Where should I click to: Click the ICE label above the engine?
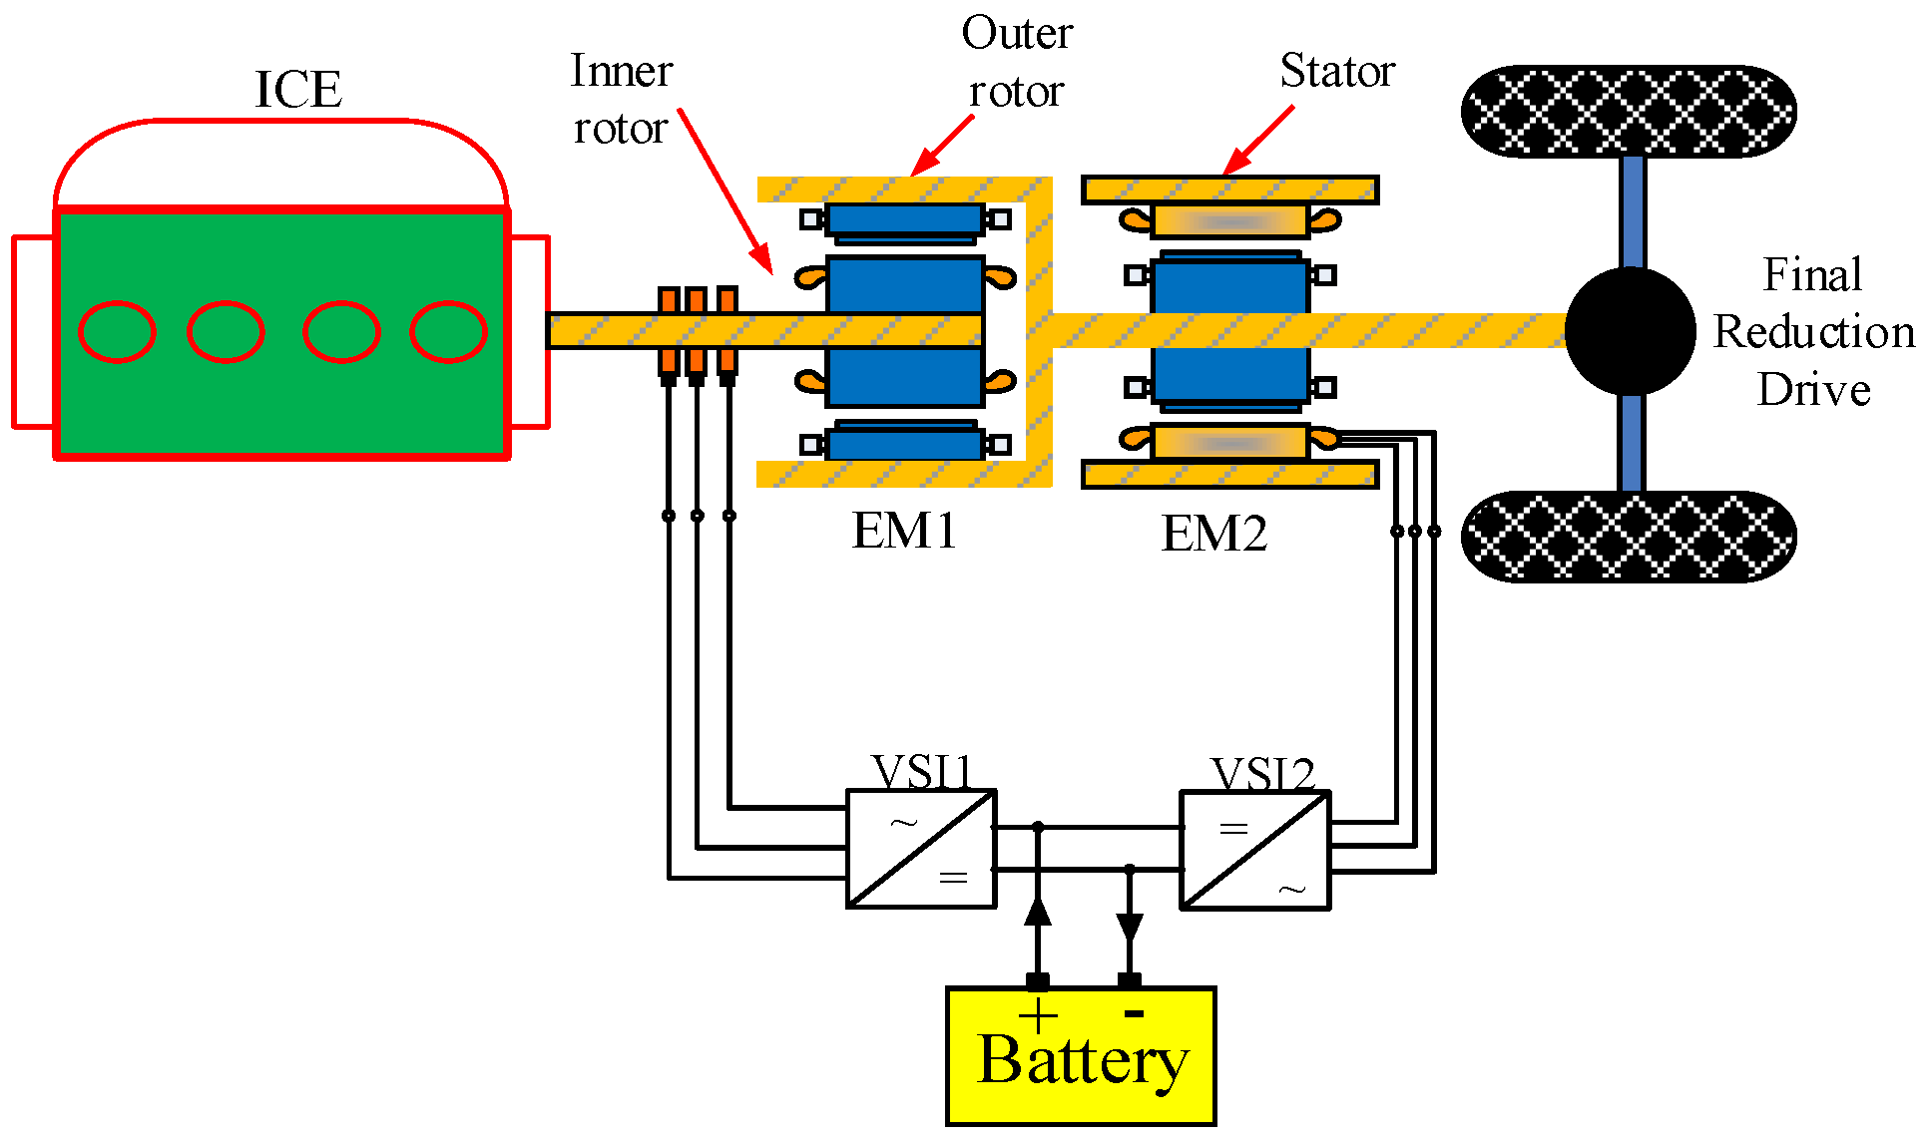click(x=298, y=90)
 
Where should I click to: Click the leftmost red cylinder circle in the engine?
click(x=117, y=331)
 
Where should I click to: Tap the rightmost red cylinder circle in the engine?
click(x=448, y=331)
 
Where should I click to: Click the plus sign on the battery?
click(x=1038, y=1016)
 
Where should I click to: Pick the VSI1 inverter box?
click(x=921, y=849)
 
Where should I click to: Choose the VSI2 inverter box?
click(x=1255, y=850)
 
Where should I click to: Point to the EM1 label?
click(x=904, y=531)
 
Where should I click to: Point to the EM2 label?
click(x=1213, y=534)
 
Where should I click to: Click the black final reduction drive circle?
click(x=1630, y=331)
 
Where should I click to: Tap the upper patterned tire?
click(x=1629, y=111)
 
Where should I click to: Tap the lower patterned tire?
click(x=1629, y=537)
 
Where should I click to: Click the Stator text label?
click(x=1337, y=71)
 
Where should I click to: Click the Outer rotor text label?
click(x=1017, y=62)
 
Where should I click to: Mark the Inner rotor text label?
click(x=621, y=100)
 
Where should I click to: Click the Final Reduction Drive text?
click(x=1813, y=332)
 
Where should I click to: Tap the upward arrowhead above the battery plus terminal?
click(x=1038, y=910)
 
